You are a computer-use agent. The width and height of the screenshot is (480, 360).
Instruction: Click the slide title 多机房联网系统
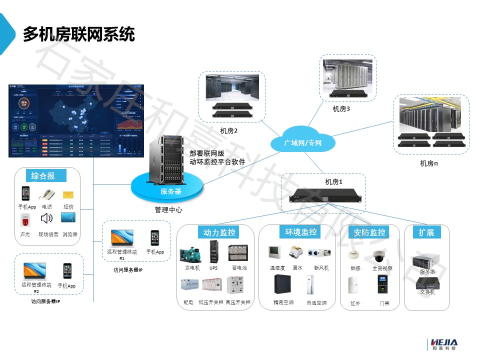pos(78,34)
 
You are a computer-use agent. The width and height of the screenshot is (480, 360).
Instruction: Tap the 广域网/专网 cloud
pos(303,143)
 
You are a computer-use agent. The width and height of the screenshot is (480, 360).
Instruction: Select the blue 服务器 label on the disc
pos(170,191)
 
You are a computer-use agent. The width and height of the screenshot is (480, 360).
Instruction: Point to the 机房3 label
pos(341,107)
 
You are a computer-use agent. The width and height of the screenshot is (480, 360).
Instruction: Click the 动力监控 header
pos(218,232)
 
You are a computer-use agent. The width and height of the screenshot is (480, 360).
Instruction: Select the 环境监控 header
pos(300,232)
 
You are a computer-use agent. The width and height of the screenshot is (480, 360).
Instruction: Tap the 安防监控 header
pos(369,232)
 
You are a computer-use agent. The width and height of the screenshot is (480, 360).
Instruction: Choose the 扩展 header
pos(426,232)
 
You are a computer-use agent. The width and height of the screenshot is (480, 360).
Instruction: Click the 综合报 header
pos(43,175)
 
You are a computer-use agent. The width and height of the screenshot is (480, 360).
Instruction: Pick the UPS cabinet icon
pos(213,251)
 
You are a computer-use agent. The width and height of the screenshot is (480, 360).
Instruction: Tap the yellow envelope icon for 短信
pos(68,194)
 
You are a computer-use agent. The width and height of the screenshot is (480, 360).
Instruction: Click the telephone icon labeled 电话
pos(47,194)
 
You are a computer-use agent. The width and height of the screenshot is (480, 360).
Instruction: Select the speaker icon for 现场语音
pos(47,218)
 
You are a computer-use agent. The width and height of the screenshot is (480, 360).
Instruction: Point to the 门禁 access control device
pos(382,285)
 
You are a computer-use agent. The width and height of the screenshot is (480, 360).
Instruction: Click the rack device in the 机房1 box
pos(323,195)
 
